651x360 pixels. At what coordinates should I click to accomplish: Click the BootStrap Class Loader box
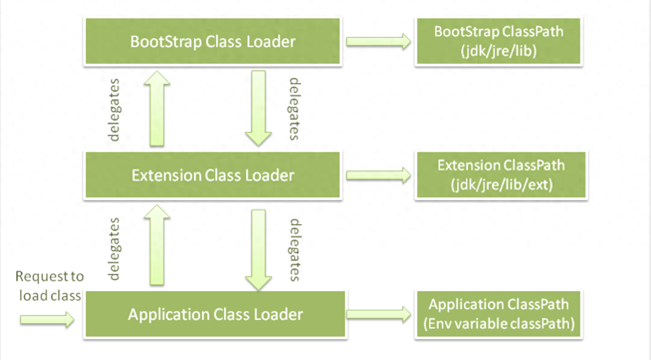[x=213, y=41]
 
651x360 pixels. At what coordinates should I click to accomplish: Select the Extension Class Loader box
[x=213, y=175]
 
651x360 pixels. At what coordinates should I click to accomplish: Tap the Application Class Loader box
[x=216, y=314]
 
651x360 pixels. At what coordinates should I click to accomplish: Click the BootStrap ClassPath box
[x=499, y=41]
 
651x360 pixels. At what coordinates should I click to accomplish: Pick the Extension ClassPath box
[x=501, y=175]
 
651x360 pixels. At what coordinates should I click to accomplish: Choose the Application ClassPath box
[x=499, y=314]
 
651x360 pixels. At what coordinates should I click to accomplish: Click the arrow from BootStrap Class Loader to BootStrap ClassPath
[x=378, y=41]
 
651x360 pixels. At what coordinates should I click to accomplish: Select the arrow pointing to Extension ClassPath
[x=378, y=175]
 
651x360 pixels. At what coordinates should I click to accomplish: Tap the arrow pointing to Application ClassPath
[x=378, y=314]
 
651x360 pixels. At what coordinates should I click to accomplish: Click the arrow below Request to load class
[x=47, y=320]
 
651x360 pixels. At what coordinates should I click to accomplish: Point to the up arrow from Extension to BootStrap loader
[x=157, y=108]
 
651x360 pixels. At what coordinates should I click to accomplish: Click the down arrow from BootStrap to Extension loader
[x=258, y=108]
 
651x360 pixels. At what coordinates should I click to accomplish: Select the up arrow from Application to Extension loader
[x=157, y=245]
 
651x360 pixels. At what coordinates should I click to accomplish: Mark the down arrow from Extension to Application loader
[x=258, y=250]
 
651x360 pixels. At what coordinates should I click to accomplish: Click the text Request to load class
[x=49, y=286]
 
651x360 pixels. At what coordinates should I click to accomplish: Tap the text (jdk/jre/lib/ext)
[x=502, y=185]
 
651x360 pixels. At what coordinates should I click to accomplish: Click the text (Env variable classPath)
[x=499, y=324]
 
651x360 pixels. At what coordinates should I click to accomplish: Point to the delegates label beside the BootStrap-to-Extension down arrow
[x=294, y=109]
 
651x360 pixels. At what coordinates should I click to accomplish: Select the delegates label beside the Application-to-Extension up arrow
[x=114, y=249]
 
